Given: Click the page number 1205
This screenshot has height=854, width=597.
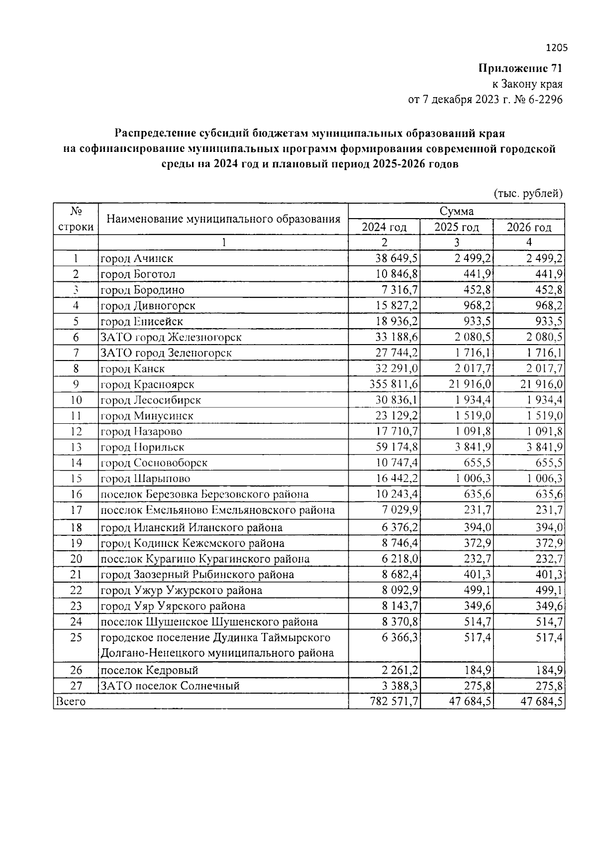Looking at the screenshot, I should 556,48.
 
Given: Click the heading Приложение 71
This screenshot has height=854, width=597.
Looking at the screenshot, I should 520,68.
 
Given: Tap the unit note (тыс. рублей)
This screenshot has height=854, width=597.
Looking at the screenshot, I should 528,194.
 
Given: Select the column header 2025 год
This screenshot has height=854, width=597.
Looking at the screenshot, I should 456,227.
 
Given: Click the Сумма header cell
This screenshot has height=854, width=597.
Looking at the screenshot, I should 456,211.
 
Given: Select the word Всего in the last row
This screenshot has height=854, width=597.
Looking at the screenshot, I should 71,702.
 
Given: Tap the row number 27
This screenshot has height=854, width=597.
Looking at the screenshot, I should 76,686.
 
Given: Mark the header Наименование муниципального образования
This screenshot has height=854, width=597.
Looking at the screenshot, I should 223,219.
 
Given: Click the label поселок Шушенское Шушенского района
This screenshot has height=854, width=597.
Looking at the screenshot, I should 209,621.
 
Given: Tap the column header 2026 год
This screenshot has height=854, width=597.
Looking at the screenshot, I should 529,227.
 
